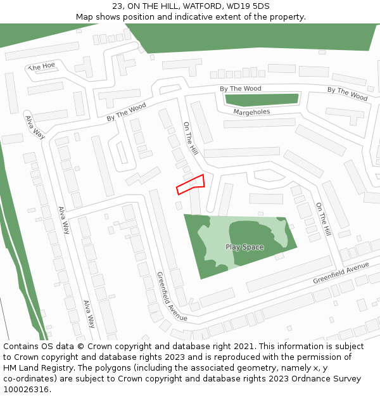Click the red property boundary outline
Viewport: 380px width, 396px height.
[x=190, y=184]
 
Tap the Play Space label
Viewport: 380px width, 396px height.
[x=244, y=247]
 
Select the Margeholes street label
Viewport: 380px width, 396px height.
[x=251, y=112]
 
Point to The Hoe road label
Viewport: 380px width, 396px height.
[x=43, y=67]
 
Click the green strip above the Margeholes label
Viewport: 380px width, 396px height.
[x=262, y=99]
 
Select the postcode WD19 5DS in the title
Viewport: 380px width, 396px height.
[x=252, y=6]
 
